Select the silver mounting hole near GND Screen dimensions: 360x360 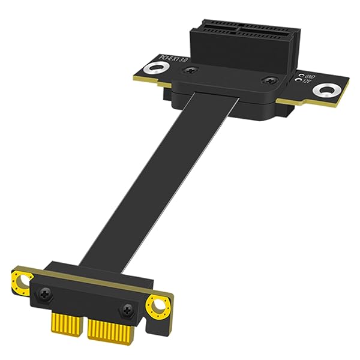(326, 91)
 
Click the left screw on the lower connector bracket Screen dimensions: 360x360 (46, 293)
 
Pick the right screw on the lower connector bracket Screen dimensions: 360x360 (127, 310)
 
